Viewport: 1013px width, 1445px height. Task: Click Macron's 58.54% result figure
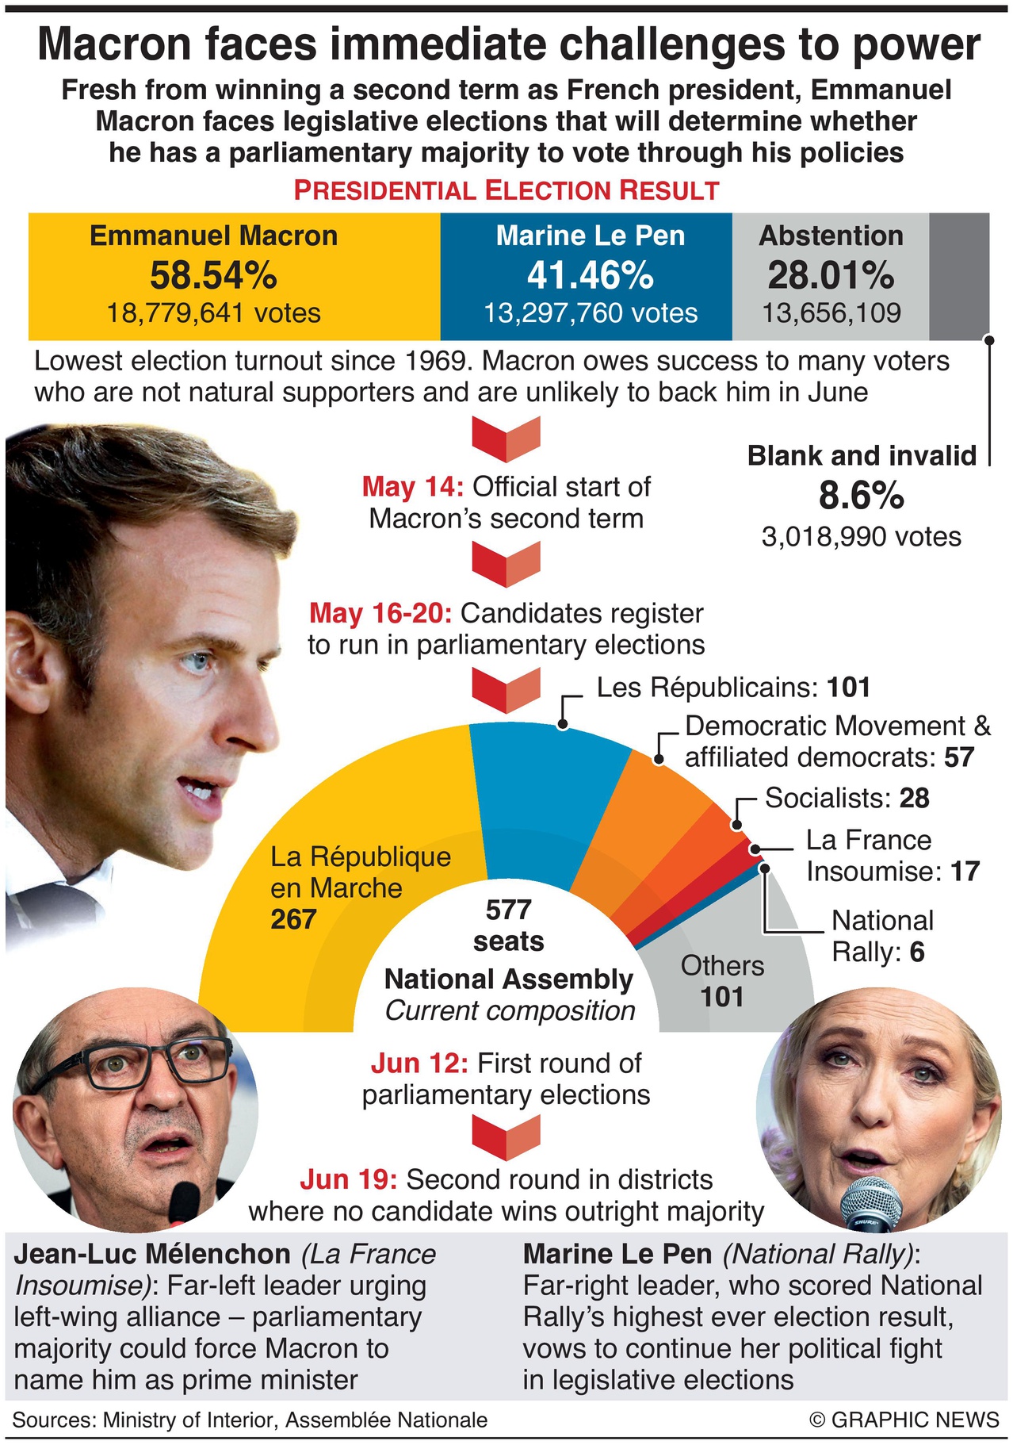coord(213,276)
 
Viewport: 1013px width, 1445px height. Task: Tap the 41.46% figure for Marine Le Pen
coord(591,276)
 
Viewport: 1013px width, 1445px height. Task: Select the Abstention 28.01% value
coord(831,276)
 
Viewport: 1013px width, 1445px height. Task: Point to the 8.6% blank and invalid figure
coord(861,496)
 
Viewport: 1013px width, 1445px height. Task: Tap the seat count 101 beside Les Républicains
coord(849,688)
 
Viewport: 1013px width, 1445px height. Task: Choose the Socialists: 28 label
coord(847,798)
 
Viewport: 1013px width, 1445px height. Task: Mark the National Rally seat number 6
coord(917,952)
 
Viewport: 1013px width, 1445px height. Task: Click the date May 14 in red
coord(412,486)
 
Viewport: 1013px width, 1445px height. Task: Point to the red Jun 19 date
coord(348,1179)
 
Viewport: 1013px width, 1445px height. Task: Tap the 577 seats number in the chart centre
coord(508,910)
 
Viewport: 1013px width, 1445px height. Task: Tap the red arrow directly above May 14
coord(506,439)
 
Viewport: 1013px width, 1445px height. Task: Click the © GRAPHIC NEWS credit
coord(904,1419)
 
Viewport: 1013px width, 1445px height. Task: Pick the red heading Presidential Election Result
coord(506,190)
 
